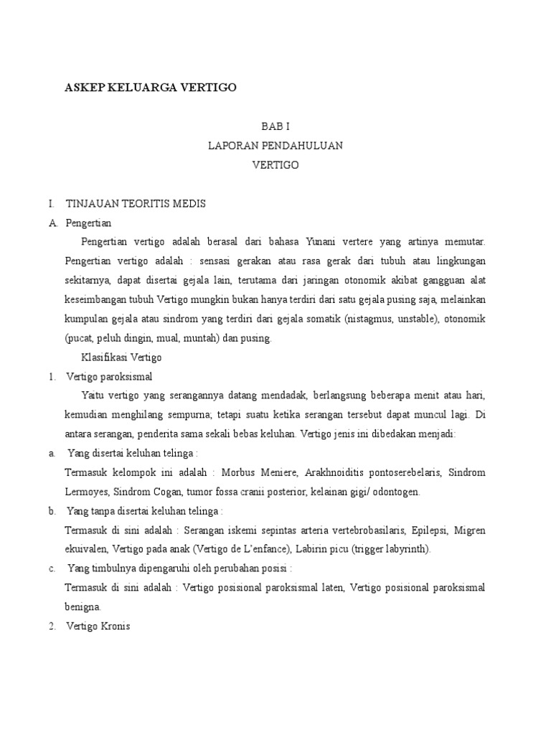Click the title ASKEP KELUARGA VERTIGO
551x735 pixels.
[150, 88]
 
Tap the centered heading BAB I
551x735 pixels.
[275, 126]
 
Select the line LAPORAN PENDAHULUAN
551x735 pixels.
[275, 145]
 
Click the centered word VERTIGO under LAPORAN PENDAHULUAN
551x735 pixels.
[275, 165]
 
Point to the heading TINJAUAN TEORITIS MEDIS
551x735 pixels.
[136, 204]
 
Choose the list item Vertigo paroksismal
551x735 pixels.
[109, 376]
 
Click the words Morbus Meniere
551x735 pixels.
[258, 472]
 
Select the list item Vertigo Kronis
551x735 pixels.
[98, 626]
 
